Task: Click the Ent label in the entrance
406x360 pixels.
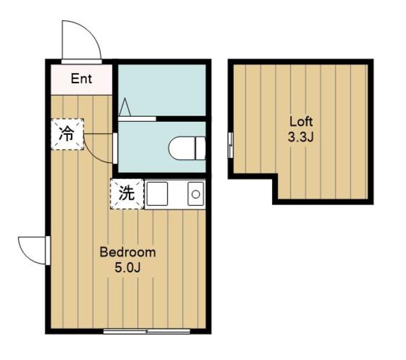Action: [81, 79]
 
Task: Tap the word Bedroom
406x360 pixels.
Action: [128, 252]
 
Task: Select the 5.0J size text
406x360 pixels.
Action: [128, 267]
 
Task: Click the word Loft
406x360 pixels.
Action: [301, 121]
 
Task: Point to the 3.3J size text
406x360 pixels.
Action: [301, 137]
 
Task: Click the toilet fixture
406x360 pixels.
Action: [187, 148]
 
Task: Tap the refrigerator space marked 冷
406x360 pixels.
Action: [67, 134]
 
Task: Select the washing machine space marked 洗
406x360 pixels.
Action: [127, 194]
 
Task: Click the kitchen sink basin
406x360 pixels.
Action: [157, 194]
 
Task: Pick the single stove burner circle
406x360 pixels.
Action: [196, 194]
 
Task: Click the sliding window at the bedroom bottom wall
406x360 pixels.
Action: [147, 331]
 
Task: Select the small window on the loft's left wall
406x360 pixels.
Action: [230, 145]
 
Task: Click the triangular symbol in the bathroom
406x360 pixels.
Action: [125, 107]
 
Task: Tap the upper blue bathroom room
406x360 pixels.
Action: [162, 90]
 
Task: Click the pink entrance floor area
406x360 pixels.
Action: [81, 79]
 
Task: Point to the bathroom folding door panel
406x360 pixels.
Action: [137, 119]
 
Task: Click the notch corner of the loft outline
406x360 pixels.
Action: [275, 176]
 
